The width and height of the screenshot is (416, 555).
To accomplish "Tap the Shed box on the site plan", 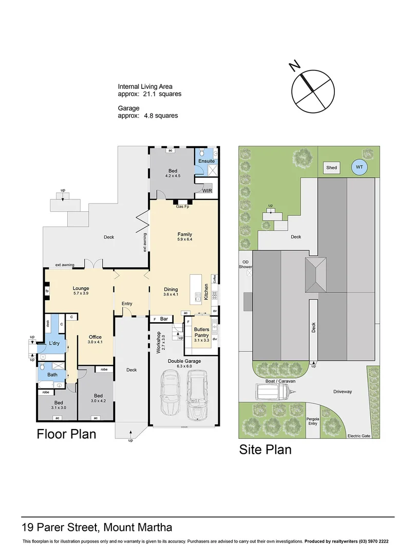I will pos(331,168).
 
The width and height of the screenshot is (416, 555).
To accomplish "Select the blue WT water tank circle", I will pos(359,167).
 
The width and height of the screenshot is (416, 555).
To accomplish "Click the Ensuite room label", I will pos(206,161).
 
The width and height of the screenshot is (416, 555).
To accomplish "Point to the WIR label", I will pos(207,191).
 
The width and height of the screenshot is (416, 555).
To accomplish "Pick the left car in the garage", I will pos(170,393).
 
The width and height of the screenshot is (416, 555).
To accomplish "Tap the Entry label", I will pos(127,304).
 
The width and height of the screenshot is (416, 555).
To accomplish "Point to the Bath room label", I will pos(52,375).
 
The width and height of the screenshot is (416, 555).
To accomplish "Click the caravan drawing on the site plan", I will pos(274,393).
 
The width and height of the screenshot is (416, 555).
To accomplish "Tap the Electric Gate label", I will pos(359,436).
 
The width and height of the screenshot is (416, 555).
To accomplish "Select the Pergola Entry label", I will pos(312,421).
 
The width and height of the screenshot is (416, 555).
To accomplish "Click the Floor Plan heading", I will pos(66,434).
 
